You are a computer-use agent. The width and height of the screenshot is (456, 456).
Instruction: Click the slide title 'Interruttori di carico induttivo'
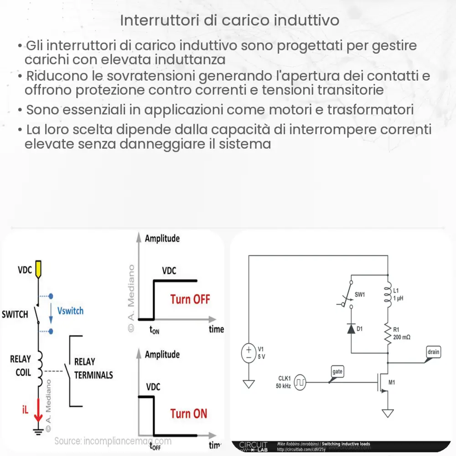click(x=230, y=21)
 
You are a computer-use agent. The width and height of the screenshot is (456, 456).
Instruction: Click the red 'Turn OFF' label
click(x=190, y=300)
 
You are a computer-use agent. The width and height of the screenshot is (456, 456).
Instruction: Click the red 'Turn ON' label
click(x=188, y=414)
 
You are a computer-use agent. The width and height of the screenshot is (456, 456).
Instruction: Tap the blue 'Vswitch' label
click(x=70, y=311)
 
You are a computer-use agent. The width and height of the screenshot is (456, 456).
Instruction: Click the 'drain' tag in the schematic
click(x=433, y=352)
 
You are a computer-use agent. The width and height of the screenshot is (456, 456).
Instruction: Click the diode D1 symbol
click(x=351, y=329)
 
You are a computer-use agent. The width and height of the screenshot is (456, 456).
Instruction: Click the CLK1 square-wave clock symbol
click(x=300, y=382)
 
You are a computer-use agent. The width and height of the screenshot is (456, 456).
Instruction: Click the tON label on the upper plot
click(x=154, y=331)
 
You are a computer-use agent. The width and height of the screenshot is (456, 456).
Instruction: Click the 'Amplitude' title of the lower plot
click(x=162, y=354)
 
